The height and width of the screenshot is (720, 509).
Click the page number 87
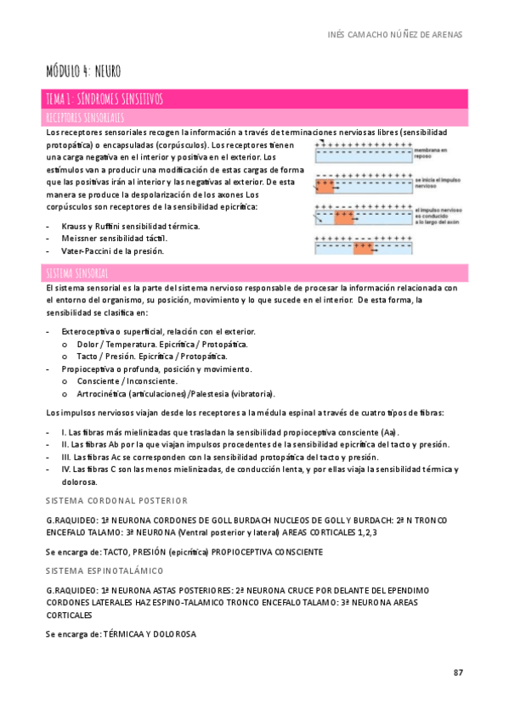[457, 672]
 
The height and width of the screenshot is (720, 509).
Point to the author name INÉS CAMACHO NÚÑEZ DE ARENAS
[394, 34]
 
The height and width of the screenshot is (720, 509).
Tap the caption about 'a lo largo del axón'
[439, 215]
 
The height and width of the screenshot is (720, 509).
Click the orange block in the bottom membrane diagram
[364, 248]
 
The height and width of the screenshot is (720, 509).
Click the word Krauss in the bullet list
[75, 226]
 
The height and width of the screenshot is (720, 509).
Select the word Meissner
[81, 239]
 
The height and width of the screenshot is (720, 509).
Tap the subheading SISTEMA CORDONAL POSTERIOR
[116, 500]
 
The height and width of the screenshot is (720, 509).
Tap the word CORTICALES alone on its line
[70, 614]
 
